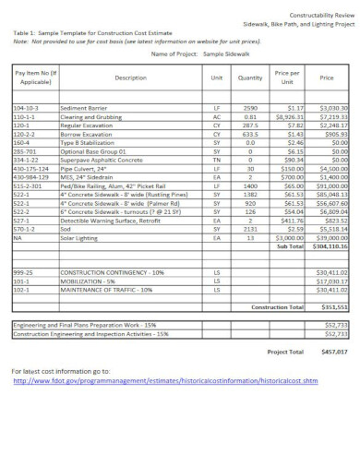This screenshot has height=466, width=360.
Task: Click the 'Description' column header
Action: click(x=131, y=78)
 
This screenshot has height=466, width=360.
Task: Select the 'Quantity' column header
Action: click(x=249, y=78)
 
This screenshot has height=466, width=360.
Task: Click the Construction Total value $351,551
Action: click(x=333, y=305)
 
